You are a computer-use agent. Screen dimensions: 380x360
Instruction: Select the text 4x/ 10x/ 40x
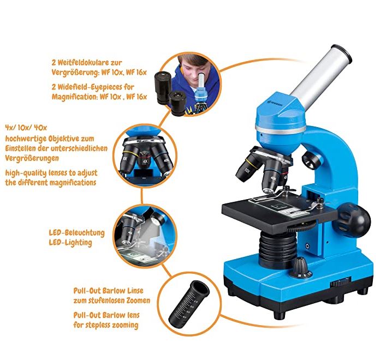pos(26,127)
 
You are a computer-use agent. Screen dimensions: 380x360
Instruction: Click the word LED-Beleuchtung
pos(77,233)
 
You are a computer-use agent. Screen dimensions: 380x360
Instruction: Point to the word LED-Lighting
pos(70,243)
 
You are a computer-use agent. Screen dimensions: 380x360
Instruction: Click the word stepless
pos(98,325)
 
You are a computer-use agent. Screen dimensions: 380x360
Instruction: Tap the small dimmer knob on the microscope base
pos(301,267)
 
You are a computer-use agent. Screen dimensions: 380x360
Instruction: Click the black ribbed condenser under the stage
pos(278,249)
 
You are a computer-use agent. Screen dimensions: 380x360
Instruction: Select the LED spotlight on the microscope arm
pos(311,160)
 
